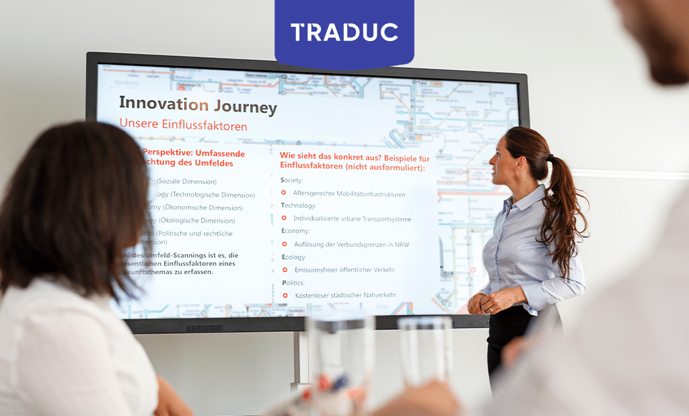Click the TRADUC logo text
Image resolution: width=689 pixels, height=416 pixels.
click(344, 32)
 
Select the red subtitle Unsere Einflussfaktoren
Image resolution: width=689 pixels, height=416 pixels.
click(183, 125)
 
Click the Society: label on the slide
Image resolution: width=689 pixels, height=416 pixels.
click(291, 180)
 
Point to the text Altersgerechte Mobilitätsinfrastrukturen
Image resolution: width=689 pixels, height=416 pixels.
click(349, 194)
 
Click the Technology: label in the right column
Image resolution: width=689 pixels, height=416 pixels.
click(299, 205)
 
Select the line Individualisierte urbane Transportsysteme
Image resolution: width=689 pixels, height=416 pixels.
click(352, 219)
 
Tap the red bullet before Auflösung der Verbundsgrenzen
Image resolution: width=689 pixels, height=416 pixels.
click(284, 244)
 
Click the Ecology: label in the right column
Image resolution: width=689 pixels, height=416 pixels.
click(293, 256)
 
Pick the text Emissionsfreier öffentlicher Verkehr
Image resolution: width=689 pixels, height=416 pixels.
click(344, 269)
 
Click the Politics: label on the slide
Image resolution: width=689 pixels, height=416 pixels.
click(293, 283)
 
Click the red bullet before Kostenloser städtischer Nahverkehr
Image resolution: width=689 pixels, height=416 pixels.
click(285, 295)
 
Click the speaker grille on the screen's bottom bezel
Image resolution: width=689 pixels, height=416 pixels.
click(205, 328)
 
